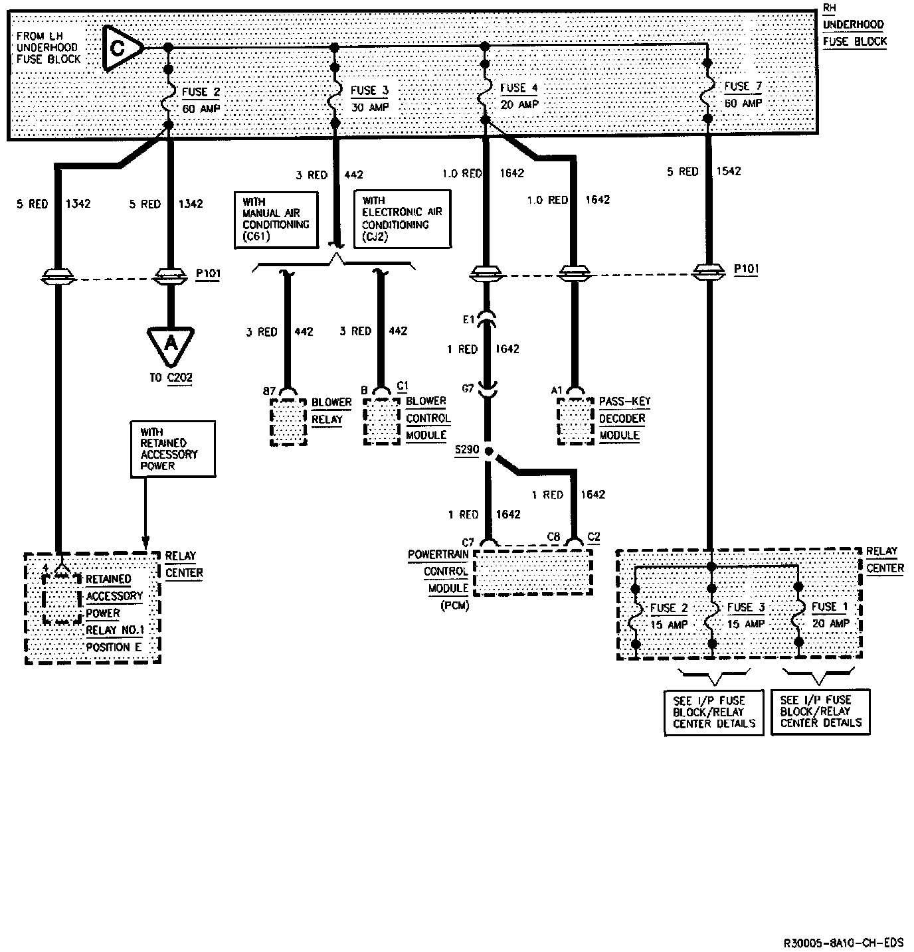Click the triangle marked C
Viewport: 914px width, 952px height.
pyautogui.click(x=121, y=48)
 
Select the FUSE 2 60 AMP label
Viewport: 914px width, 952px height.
pyautogui.click(x=201, y=100)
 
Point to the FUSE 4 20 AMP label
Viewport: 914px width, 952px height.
pyautogui.click(x=519, y=96)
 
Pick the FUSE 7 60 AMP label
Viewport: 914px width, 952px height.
pyautogui.click(x=743, y=94)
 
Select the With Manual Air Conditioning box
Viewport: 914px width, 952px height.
pyautogui.click(x=276, y=219)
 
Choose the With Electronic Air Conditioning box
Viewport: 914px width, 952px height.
pyautogui.click(x=402, y=218)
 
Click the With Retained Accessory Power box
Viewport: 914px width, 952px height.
pyautogui.click(x=173, y=448)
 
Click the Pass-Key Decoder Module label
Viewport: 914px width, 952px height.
pyautogui.click(x=623, y=418)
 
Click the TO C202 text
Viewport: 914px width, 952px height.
pyautogui.click(x=171, y=377)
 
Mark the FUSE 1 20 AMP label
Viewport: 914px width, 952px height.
pyautogui.click(x=830, y=615)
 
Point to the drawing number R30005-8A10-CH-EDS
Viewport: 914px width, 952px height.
pyautogui.click(x=844, y=943)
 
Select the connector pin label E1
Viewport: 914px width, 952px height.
pyautogui.click(x=468, y=319)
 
